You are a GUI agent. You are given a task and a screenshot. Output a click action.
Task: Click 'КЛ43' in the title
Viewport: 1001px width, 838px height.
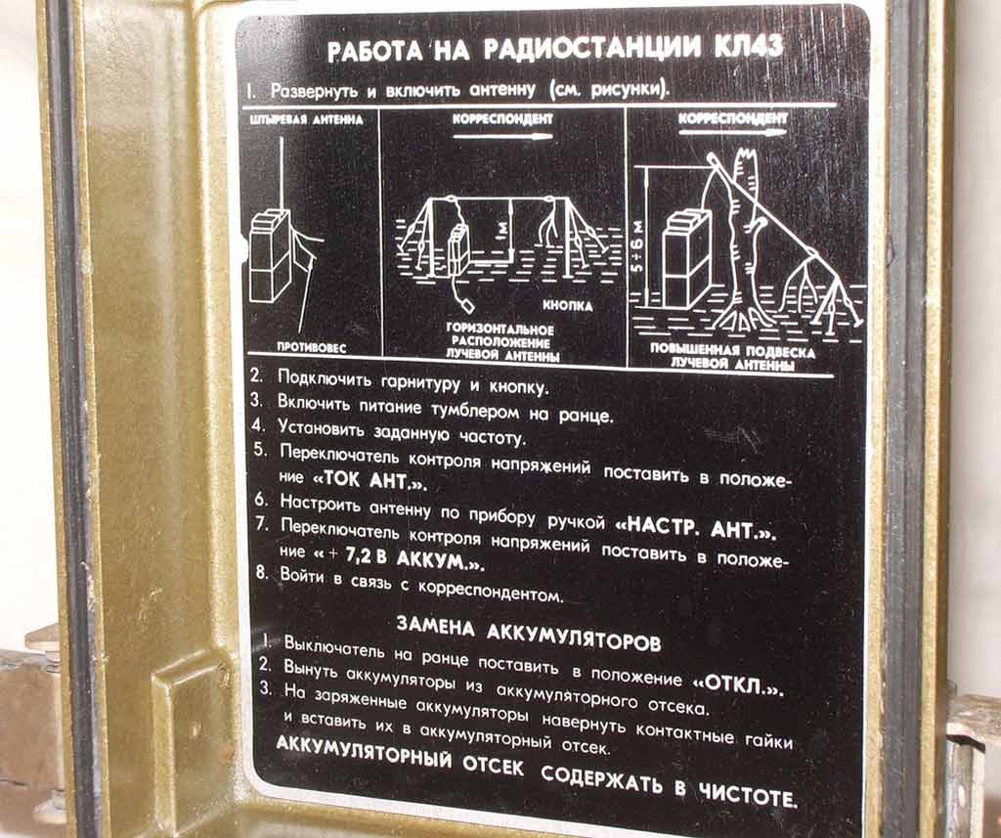(746, 48)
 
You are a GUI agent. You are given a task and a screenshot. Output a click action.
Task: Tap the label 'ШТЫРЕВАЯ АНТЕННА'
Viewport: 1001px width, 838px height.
(303, 119)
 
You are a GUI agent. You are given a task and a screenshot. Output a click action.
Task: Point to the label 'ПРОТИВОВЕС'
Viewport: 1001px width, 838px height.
(311, 348)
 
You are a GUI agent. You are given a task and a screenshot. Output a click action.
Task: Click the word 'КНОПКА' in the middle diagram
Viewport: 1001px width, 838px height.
(568, 306)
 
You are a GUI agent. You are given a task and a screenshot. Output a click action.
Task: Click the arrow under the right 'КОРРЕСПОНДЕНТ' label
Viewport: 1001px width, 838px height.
(733, 133)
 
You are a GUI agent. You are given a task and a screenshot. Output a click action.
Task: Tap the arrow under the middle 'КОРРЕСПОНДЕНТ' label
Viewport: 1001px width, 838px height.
(502, 136)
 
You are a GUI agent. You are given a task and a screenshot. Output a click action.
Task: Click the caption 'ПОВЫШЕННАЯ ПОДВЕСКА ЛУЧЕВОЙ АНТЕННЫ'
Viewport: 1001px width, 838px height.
(731, 357)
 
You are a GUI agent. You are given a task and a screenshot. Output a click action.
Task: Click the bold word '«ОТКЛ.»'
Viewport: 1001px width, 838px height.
(738, 686)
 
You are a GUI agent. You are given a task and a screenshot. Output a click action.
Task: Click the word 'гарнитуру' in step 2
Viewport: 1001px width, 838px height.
(420, 382)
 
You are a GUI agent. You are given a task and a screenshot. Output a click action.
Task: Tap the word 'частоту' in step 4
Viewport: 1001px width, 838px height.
(493, 437)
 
